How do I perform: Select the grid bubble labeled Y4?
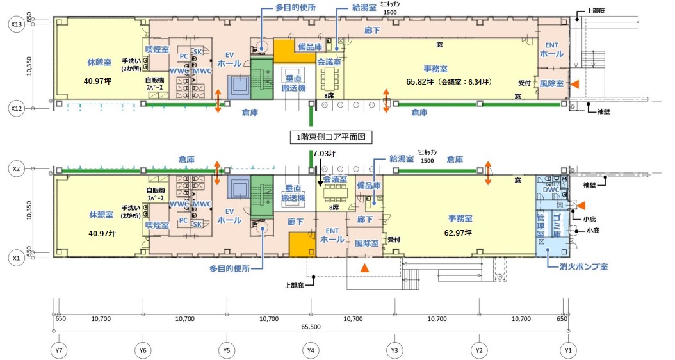[x=311, y=350]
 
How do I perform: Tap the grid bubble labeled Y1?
[x=567, y=350]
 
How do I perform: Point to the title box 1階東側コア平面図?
[x=331, y=136]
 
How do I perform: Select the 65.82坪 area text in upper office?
[x=434, y=81]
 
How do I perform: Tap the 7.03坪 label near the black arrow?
[x=324, y=154]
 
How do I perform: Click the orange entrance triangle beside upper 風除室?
[x=577, y=84]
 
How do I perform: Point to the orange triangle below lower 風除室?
[x=364, y=267]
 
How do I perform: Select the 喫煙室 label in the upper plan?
[x=156, y=49]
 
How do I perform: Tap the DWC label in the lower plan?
[x=551, y=190]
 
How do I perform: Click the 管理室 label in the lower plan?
[x=540, y=225]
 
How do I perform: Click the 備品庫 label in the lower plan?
[x=368, y=185]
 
